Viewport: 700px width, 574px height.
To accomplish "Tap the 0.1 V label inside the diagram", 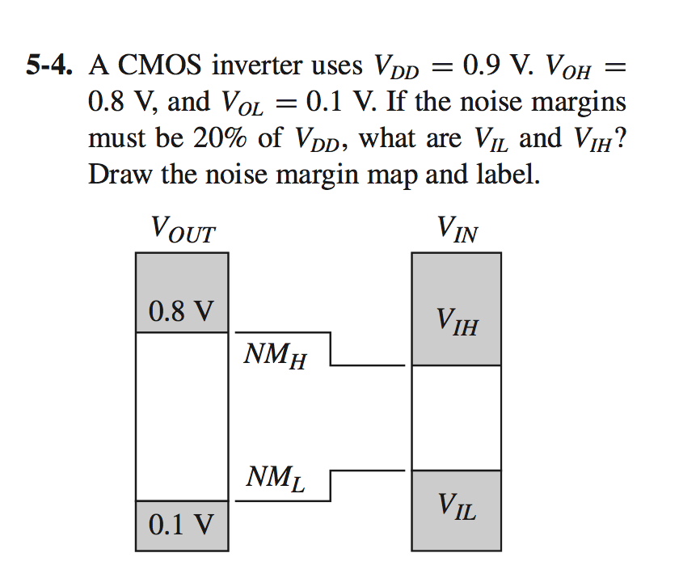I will pos(182,525).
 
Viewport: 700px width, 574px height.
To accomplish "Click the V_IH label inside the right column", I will pos(457,325).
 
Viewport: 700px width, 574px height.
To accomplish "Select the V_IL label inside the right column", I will pos(457,508).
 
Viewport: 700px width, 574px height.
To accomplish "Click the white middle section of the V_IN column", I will pos(457,417).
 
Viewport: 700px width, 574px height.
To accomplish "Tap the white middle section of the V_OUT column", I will pos(182,416).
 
